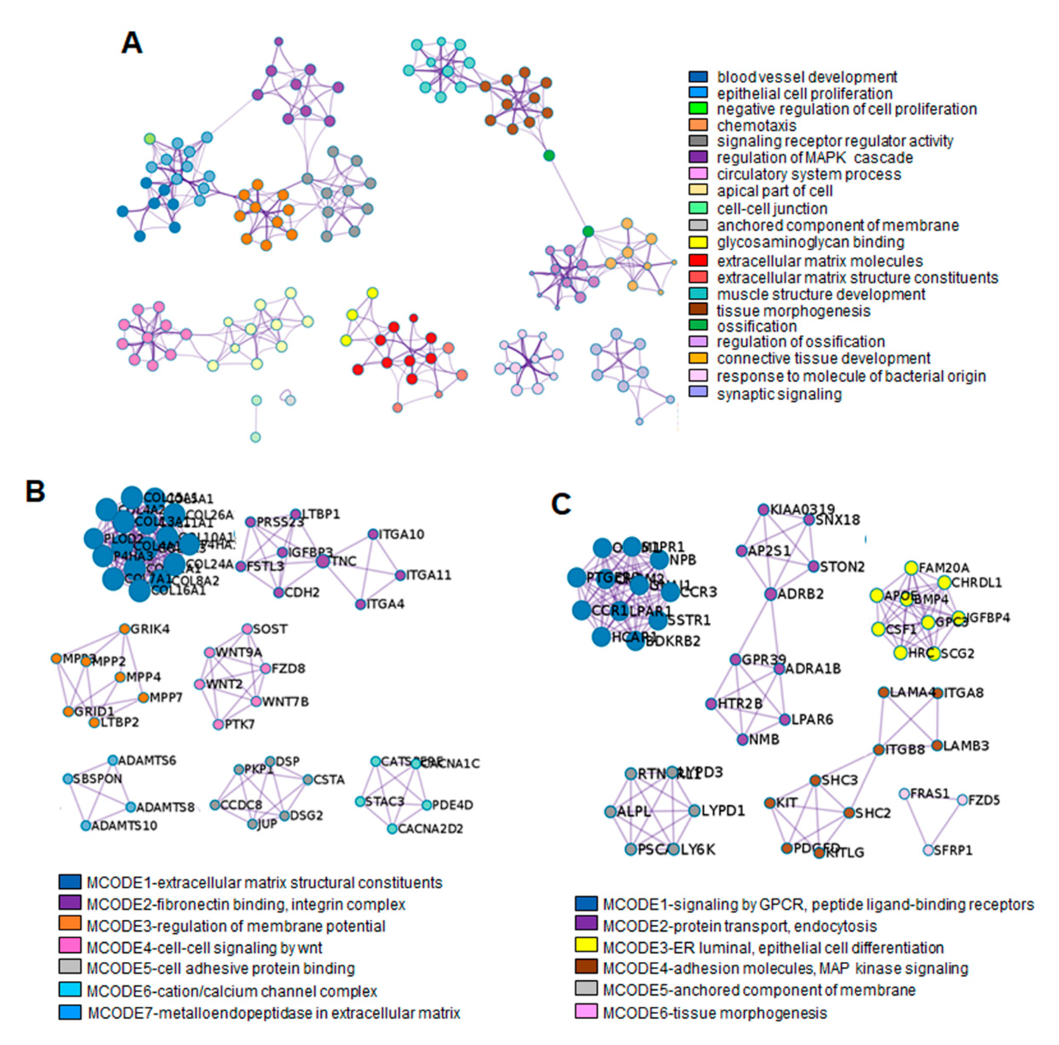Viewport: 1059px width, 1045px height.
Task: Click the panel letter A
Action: (132, 43)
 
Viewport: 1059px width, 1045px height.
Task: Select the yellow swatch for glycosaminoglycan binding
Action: (698, 242)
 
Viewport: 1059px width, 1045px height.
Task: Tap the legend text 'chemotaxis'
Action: (756, 126)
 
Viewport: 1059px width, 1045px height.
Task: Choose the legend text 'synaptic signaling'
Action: (779, 394)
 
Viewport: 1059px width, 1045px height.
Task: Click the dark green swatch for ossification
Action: (698, 326)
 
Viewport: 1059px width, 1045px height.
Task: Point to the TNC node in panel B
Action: (323, 561)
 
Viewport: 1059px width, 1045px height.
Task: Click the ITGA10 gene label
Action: (401, 534)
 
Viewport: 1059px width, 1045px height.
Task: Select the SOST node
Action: (247, 629)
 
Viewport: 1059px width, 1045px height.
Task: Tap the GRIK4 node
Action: (124, 629)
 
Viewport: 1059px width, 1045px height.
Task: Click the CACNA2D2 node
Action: (392, 828)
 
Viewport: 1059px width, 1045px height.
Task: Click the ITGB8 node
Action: (878, 749)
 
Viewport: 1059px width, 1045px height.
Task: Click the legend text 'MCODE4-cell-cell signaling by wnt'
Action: (204, 947)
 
